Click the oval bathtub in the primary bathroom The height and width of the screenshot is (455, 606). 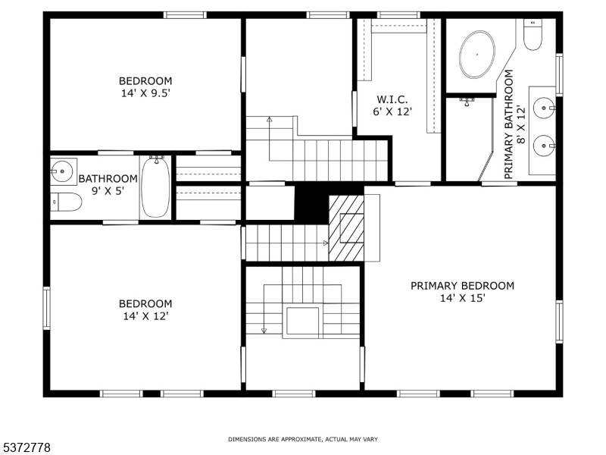click(x=477, y=55)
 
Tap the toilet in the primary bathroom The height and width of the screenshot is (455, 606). click(x=533, y=34)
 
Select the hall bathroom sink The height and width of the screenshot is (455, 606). click(x=62, y=170)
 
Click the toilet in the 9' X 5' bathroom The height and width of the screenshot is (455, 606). click(x=66, y=202)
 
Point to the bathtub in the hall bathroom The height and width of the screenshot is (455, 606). click(x=155, y=187)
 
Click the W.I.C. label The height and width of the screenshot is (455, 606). click(x=392, y=99)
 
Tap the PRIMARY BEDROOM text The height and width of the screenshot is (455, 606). click(x=462, y=286)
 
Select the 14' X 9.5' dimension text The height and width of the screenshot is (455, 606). click(x=145, y=93)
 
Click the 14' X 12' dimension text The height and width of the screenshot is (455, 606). click(x=145, y=316)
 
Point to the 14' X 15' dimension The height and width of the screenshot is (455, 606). click(x=462, y=298)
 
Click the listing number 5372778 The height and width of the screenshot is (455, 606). click(x=25, y=447)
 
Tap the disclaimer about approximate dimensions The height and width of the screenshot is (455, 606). click(x=302, y=439)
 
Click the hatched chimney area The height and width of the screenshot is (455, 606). click(x=346, y=228)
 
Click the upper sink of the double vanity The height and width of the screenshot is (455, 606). click(x=544, y=108)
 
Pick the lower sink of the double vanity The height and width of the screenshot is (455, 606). click(x=544, y=146)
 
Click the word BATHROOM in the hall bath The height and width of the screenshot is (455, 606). click(x=108, y=179)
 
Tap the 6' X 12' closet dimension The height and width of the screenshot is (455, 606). click(x=392, y=111)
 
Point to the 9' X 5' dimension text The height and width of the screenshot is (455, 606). click(x=108, y=191)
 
